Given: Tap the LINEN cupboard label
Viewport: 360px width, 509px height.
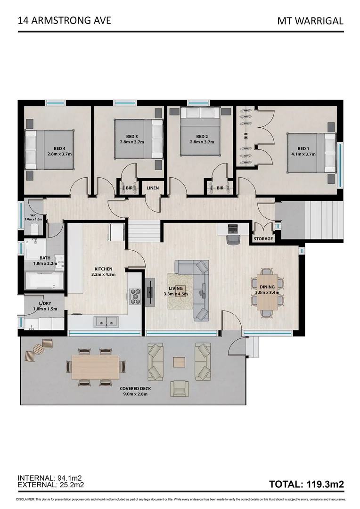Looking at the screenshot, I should [152, 188].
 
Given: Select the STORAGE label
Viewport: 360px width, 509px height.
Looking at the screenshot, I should [263, 239].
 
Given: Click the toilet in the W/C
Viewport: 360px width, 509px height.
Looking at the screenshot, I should [33, 229].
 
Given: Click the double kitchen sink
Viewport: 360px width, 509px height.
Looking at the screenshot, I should [106, 322].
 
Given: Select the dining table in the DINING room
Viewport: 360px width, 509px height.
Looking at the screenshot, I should [267, 292].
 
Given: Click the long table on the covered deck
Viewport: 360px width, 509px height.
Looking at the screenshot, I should [95, 367].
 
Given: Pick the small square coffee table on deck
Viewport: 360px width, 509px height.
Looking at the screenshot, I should [179, 362].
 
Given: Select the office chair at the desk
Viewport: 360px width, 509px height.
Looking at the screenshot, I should [232, 240].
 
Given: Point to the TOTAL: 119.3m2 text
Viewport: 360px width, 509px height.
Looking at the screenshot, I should [306, 484].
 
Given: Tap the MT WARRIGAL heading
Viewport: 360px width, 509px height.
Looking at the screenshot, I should [310, 21].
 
